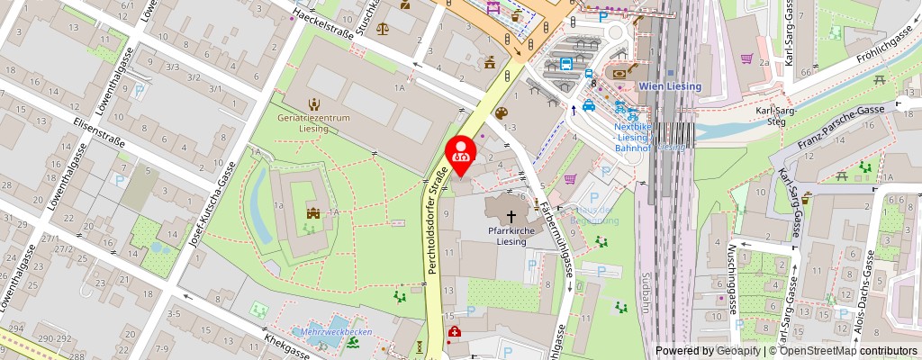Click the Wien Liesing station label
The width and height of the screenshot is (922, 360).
(670, 86)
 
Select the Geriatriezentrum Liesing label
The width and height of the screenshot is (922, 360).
(313, 122)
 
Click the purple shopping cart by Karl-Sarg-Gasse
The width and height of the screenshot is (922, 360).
(746, 58)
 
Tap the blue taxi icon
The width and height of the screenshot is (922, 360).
(589, 104)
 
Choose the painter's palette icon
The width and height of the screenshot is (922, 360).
(502, 112)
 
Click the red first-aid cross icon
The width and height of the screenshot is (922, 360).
(454, 332)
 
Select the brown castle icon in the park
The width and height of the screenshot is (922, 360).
(312, 213)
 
